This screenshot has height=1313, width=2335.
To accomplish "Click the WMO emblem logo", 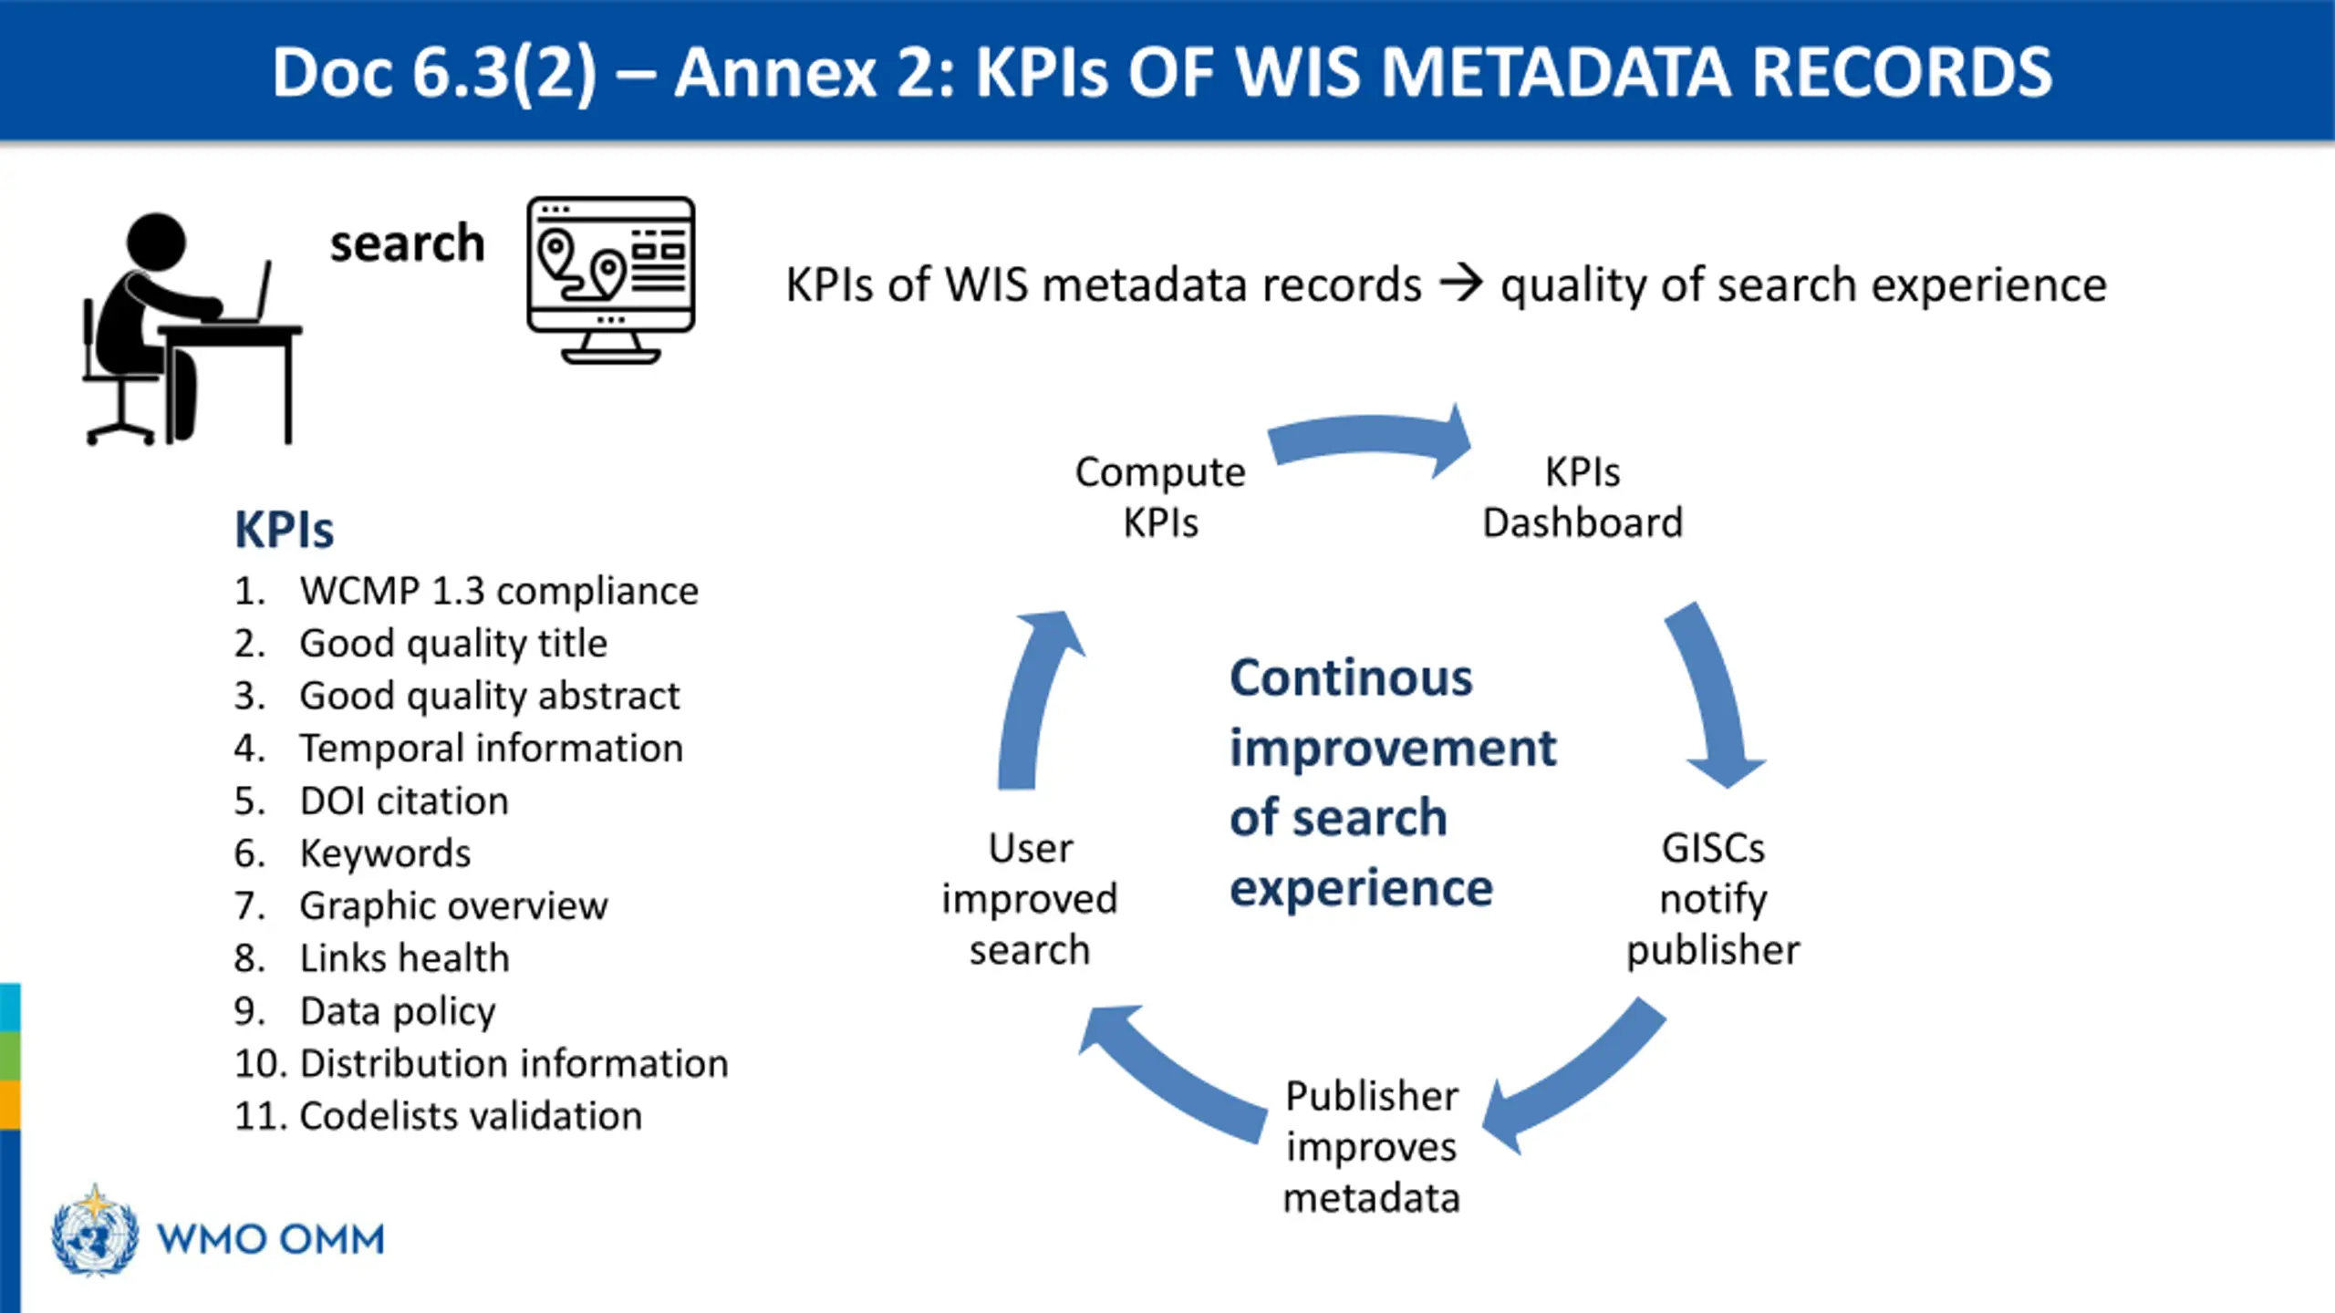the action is point(95,1230).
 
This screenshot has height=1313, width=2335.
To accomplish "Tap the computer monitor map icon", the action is point(610,278).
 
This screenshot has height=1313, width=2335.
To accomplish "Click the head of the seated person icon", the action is point(156,243).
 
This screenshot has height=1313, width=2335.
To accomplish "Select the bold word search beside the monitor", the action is point(407,243).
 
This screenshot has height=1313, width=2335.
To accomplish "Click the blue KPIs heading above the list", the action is point(284,530).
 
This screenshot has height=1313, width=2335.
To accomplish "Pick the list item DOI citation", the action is point(404,801).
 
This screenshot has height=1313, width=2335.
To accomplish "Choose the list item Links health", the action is point(404,958).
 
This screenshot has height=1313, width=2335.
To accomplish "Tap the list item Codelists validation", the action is point(470,1116).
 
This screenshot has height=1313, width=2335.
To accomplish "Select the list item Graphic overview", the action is point(453,906).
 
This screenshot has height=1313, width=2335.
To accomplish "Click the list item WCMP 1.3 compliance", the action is point(499,591).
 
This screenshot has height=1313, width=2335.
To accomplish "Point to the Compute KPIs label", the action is point(1160,497).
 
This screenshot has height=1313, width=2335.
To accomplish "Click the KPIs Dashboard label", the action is point(1583,497).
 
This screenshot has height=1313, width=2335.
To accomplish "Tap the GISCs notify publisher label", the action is point(1713,899).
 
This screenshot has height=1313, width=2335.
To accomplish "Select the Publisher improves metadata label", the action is point(1371,1146).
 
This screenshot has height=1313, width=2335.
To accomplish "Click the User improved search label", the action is point(1030,899).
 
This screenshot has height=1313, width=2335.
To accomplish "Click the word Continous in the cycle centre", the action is point(1351,678).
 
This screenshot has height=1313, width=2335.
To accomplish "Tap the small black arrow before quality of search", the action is point(1460,284).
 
